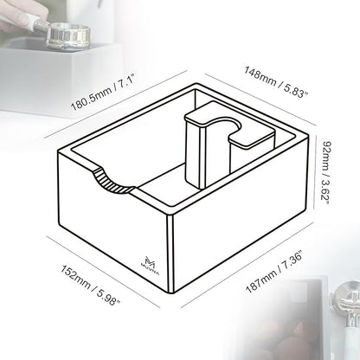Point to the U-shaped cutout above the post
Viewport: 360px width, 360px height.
tap(235, 130)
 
